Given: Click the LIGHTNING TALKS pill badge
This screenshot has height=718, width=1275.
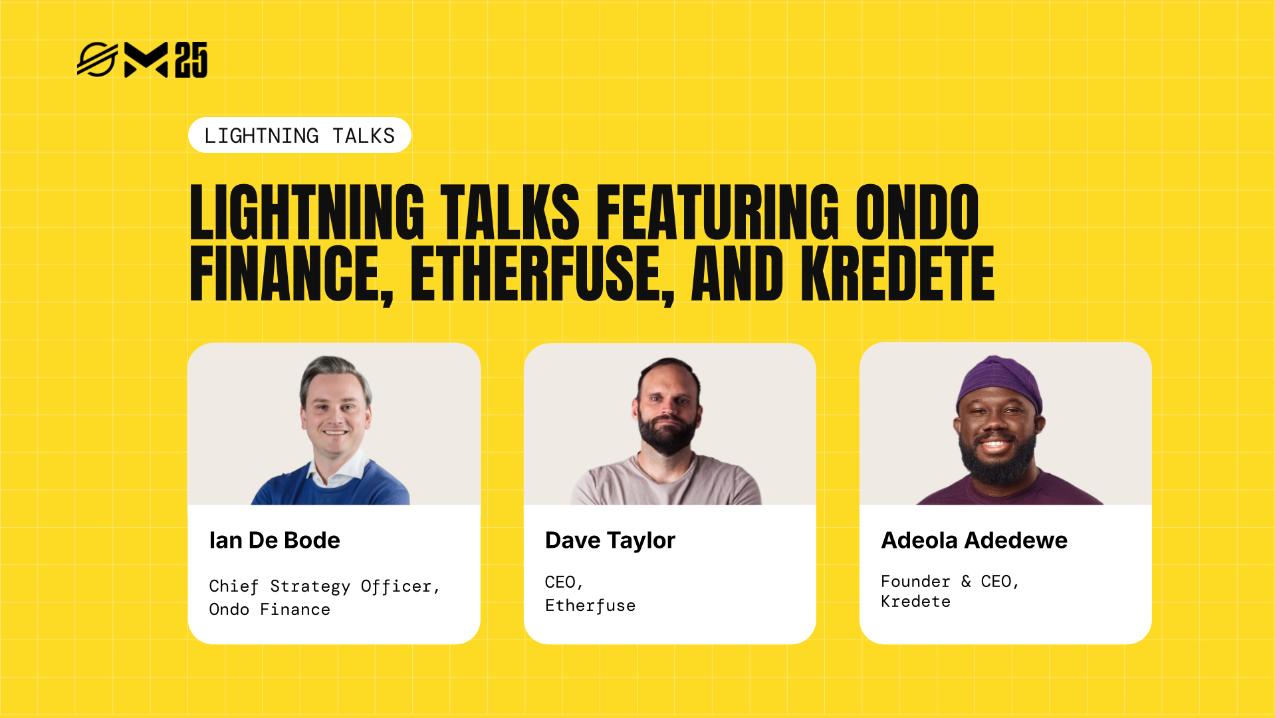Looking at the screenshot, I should [299, 135].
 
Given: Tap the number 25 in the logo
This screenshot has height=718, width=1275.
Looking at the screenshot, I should [191, 60].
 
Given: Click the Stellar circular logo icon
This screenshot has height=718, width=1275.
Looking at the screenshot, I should [97, 60].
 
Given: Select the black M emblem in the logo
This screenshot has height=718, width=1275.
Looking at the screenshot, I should [146, 60].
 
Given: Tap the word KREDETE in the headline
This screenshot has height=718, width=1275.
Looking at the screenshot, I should [897, 274].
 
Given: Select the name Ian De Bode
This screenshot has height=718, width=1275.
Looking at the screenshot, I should [275, 540].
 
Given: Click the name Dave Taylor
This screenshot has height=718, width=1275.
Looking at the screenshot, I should [610, 540].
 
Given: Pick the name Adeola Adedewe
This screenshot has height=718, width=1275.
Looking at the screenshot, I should [974, 540].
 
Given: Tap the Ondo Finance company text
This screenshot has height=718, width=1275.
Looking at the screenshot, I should [269, 609].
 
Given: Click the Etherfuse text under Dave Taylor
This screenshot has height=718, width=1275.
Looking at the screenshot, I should [590, 605].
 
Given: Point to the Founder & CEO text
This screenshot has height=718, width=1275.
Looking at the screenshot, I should [949, 581].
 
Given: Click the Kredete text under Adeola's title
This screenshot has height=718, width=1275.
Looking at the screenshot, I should [915, 601].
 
